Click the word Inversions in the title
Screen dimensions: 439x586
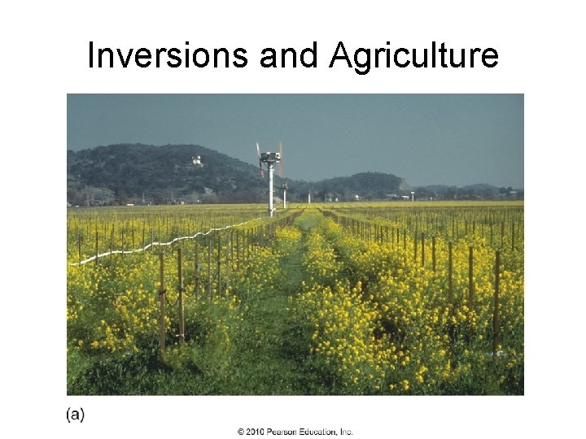click(x=168, y=55)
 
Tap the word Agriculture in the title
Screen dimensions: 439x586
click(x=413, y=55)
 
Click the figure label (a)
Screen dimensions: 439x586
click(x=75, y=415)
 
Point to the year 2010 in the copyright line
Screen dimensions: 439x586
click(x=255, y=432)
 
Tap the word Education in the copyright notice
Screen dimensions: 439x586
click(x=318, y=432)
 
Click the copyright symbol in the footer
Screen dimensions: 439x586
click(x=241, y=432)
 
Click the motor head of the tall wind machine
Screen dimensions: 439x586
click(x=269, y=157)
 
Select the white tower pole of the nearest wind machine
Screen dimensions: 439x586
click(x=271, y=191)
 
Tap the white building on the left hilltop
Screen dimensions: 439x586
click(x=196, y=161)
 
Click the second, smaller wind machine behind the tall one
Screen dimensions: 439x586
click(x=285, y=193)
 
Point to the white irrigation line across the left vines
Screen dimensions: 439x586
click(x=163, y=244)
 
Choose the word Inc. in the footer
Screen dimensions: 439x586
click(x=346, y=432)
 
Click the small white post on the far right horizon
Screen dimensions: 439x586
click(x=413, y=195)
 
